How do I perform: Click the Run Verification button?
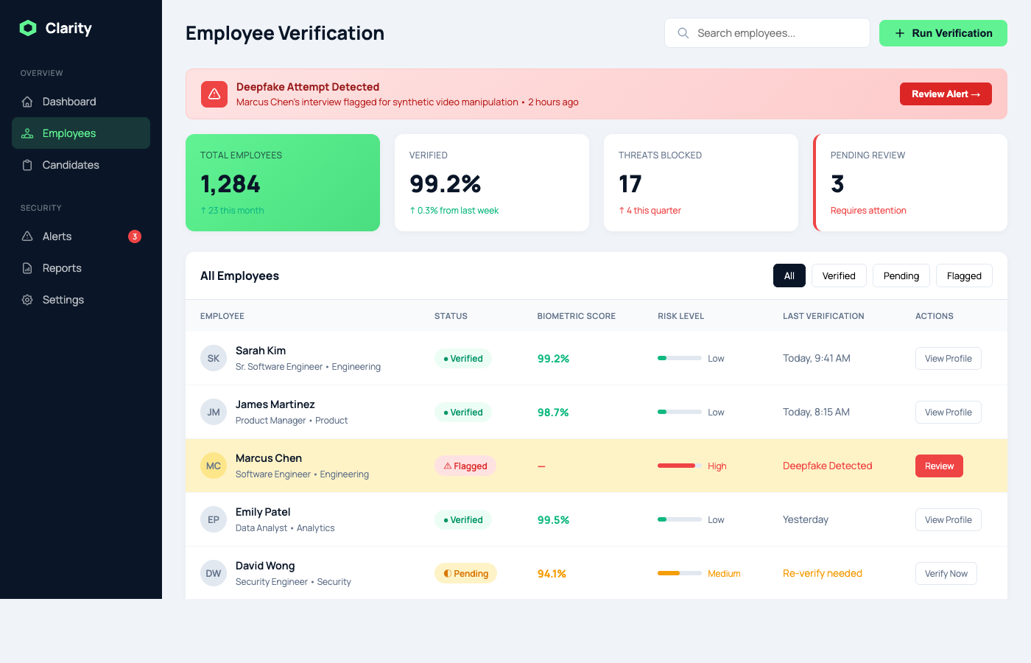point(943,33)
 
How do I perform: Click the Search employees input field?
point(767,33)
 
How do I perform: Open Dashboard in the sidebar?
point(69,102)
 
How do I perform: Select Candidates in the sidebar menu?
point(71,165)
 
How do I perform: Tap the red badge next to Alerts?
point(135,236)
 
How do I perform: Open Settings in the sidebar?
point(63,300)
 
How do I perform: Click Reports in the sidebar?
point(62,268)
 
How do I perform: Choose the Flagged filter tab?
point(964,276)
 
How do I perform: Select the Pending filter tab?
point(901,276)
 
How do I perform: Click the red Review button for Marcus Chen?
point(939,466)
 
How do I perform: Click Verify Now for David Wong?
point(946,574)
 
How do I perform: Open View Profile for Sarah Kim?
point(948,359)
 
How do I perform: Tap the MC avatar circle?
point(214,466)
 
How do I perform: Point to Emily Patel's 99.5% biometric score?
point(553,520)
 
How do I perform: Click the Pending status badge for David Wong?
point(465,574)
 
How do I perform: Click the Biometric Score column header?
point(576,316)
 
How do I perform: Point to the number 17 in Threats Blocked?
point(630,183)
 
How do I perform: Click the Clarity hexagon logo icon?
point(28,28)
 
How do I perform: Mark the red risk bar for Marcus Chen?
point(677,466)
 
